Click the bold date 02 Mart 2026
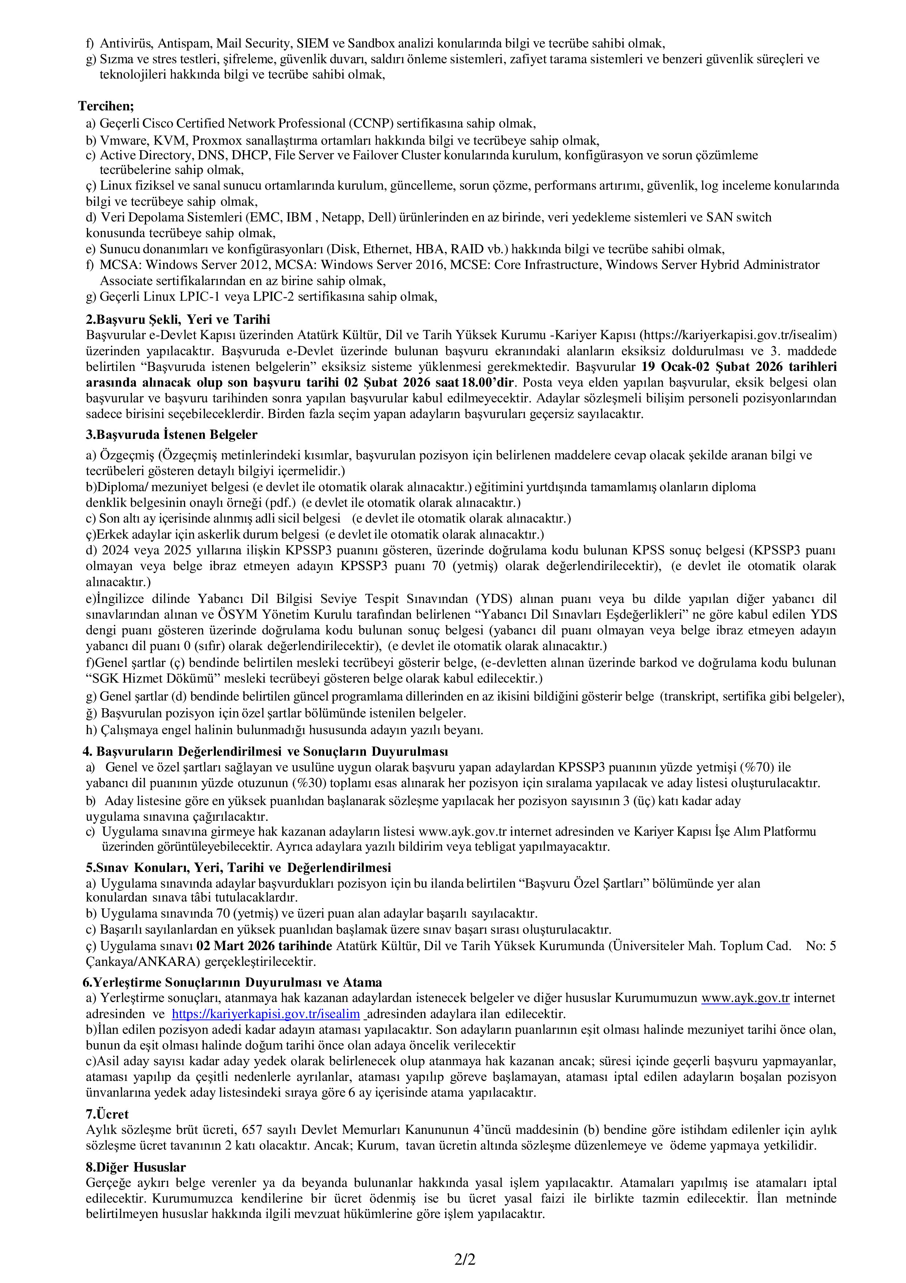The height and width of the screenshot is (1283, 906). pos(237,946)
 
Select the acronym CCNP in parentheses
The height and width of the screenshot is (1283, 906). pos(370,124)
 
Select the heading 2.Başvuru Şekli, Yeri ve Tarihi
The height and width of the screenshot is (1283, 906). pos(177,319)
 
